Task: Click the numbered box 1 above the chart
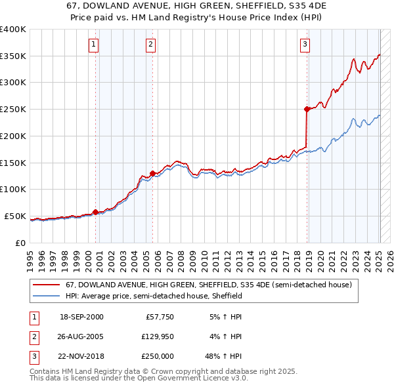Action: click(94, 45)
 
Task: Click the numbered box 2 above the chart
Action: click(151, 45)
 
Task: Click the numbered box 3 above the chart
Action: click(305, 45)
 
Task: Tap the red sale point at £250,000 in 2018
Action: click(307, 109)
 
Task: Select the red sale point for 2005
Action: click(152, 173)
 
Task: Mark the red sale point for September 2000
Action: click(95, 212)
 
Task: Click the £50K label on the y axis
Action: click(15, 216)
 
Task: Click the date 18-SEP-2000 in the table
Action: click(81, 317)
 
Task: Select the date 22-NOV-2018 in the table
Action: click(81, 356)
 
